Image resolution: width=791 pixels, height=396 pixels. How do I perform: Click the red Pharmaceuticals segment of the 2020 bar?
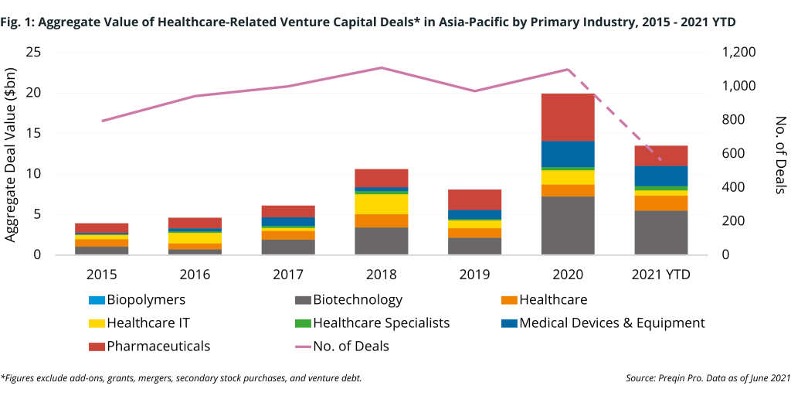(568, 117)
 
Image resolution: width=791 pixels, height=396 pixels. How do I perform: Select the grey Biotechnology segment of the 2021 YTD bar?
(660, 232)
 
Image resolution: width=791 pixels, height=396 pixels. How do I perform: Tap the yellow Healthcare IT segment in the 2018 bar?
(382, 203)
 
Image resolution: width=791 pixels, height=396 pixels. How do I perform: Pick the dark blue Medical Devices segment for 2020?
(568, 153)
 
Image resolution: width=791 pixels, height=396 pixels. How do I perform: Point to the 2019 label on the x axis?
(474, 275)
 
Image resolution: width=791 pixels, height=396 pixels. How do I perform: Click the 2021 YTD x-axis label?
(660, 275)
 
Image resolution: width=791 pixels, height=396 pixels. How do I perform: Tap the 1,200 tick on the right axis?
(739, 53)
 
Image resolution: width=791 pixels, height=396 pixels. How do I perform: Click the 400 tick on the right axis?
(733, 187)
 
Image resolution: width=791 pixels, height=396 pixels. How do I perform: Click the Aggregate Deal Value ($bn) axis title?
(12, 153)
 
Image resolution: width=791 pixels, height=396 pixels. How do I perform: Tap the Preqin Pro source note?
(708, 378)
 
